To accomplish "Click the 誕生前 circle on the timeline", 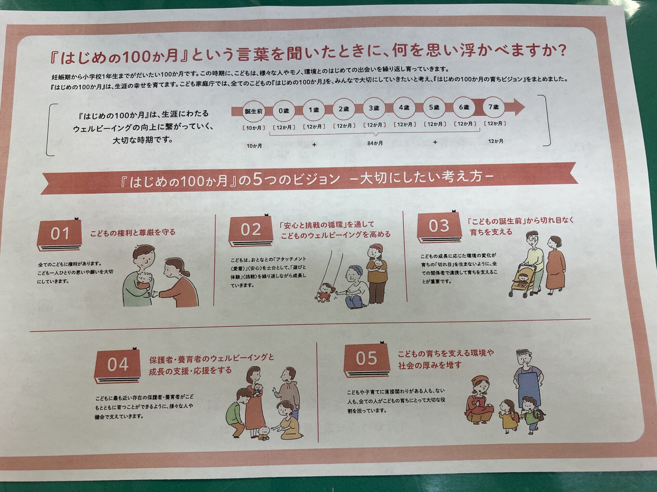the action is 254,111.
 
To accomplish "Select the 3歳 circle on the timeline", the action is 374,108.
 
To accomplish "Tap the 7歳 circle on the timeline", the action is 494,107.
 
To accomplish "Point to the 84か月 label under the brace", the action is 375,143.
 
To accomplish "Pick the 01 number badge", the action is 60,234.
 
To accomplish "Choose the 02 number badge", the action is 251,230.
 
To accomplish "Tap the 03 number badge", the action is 439,226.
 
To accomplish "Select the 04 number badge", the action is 117,365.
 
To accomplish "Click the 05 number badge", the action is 366,359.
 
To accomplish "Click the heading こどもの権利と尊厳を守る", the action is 133,233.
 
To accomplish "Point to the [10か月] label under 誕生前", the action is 254,128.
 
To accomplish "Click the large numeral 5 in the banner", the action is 258,179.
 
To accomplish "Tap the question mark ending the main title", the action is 561,51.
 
